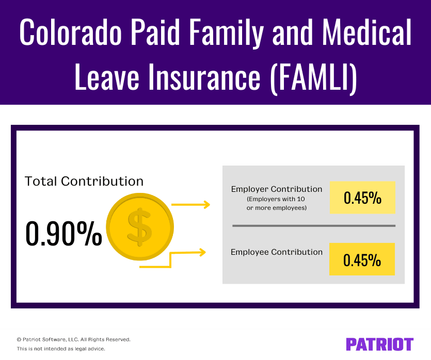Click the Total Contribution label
pyautogui.click(x=84, y=182)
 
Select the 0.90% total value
pyautogui.click(x=63, y=234)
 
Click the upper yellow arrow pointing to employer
pyautogui.click(x=190, y=205)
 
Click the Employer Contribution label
pyautogui.click(x=277, y=189)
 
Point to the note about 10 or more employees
pyautogui.click(x=277, y=203)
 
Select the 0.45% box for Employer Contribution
pyautogui.click(x=362, y=198)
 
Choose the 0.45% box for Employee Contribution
pyautogui.click(x=362, y=259)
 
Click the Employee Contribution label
pyautogui.click(x=277, y=252)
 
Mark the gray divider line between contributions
pyautogui.click(x=313, y=225)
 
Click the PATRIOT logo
pyautogui.click(x=379, y=344)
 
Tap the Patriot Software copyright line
pyautogui.click(x=73, y=339)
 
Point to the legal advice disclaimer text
pyautogui.click(x=61, y=349)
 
